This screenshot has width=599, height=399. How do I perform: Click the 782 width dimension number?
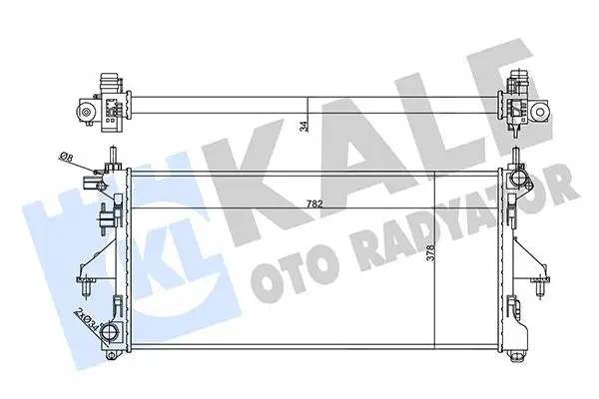coord(313,203)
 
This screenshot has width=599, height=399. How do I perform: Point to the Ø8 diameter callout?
coord(66,157)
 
